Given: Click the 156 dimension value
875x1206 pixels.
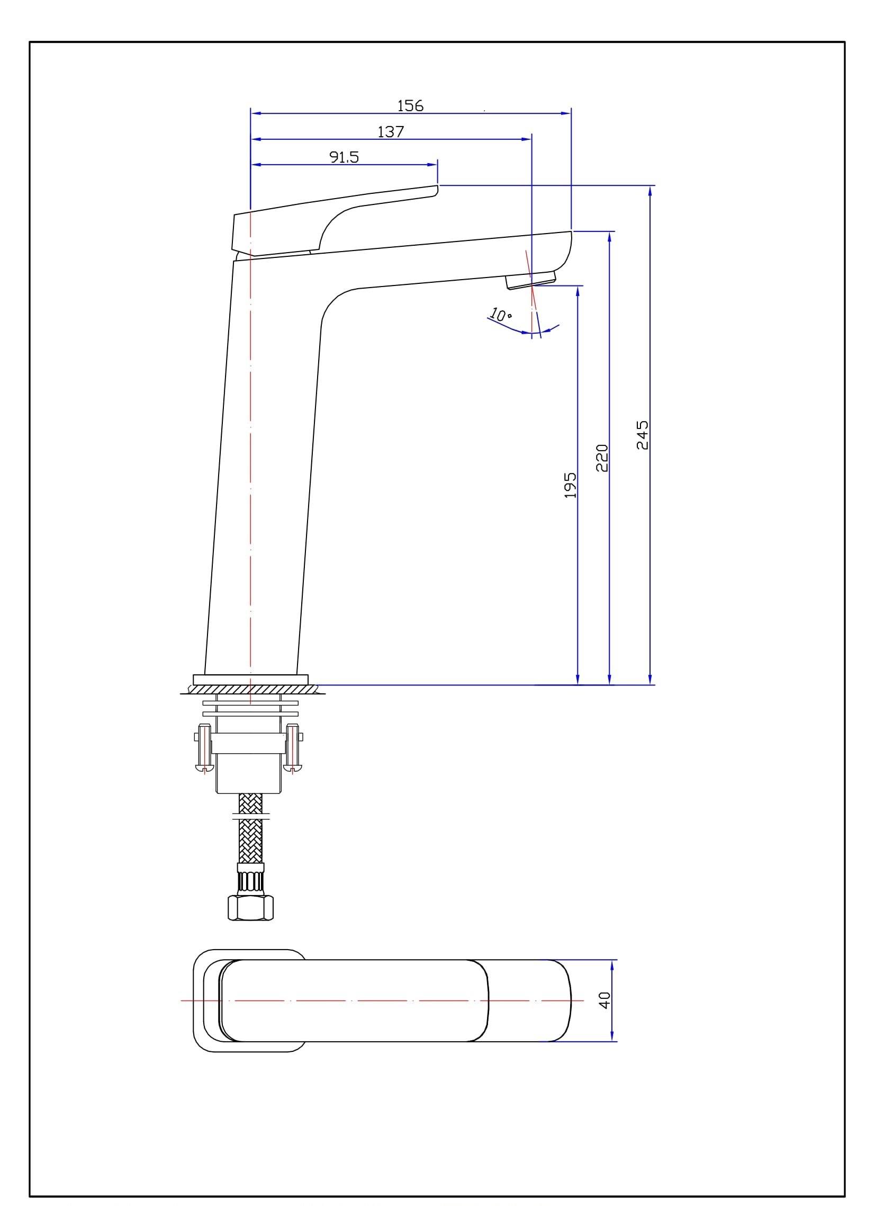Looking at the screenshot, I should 410,106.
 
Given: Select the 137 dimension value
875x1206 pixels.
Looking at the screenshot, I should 391,131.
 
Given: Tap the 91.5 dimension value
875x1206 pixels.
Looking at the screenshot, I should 344,157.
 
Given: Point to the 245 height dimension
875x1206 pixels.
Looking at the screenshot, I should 643,434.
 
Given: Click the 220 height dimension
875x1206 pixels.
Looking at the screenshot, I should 602,458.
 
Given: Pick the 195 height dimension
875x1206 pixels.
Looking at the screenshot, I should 570,485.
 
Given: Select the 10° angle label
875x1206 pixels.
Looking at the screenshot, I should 500,314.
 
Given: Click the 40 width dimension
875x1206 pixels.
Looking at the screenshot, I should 605,999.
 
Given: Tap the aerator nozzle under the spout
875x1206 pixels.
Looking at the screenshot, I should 530,280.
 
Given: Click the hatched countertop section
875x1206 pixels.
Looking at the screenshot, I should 250,690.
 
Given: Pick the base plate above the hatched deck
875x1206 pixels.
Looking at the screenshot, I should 250,679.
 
